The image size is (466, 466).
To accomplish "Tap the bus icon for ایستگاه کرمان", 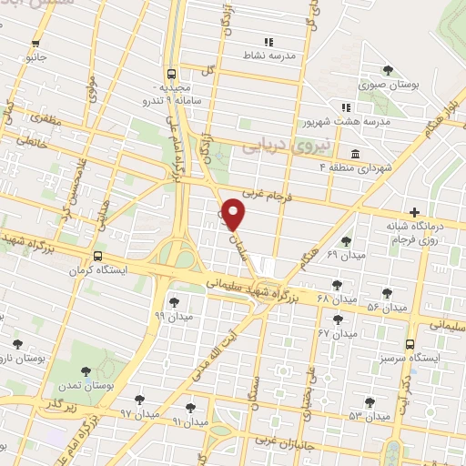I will point(96,257).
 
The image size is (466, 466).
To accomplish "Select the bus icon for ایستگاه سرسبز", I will point(410,344).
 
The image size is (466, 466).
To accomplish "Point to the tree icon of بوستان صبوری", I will point(389,69).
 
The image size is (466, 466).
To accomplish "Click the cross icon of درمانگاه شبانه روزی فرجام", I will point(414,212).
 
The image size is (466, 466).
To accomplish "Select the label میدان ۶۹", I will point(345,255).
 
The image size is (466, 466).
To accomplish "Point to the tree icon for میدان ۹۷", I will point(139,400).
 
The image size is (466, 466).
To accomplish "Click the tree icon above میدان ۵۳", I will point(370,401).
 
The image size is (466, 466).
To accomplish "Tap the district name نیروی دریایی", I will point(274,147).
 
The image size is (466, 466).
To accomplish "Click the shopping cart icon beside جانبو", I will point(35,43).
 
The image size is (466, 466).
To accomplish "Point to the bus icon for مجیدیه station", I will point(172,75).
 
